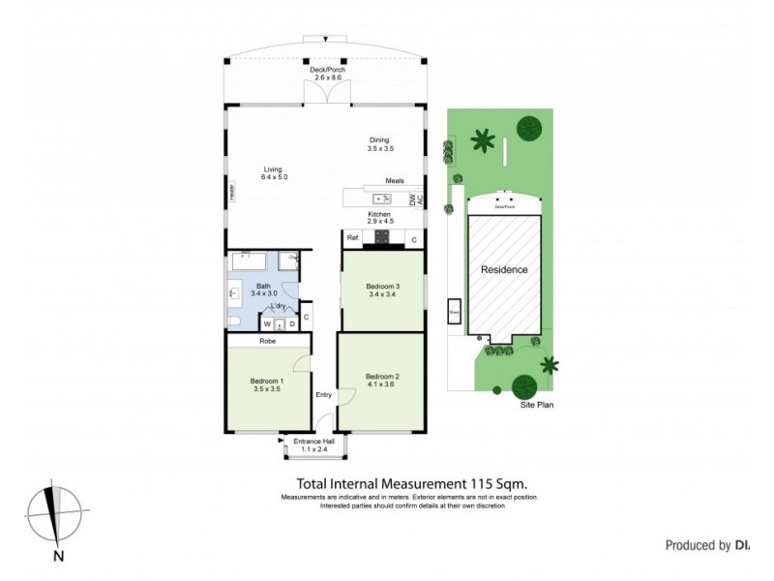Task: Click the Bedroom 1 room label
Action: (266, 381)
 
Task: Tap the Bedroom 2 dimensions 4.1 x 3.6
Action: (382, 384)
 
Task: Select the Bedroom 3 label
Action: (382, 287)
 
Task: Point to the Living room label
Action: (274, 169)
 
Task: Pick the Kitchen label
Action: (378, 214)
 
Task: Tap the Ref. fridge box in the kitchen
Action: (353, 238)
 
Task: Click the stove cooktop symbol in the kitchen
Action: (381, 237)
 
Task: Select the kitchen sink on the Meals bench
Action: (381, 199)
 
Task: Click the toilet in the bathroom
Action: (235, 321)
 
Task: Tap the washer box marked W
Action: (267, 323)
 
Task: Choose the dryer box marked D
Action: (291, 323)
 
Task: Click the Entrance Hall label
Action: (313, 443)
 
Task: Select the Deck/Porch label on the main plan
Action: (325, 71)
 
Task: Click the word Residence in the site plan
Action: (505, 269)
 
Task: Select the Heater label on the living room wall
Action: (232, 193)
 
